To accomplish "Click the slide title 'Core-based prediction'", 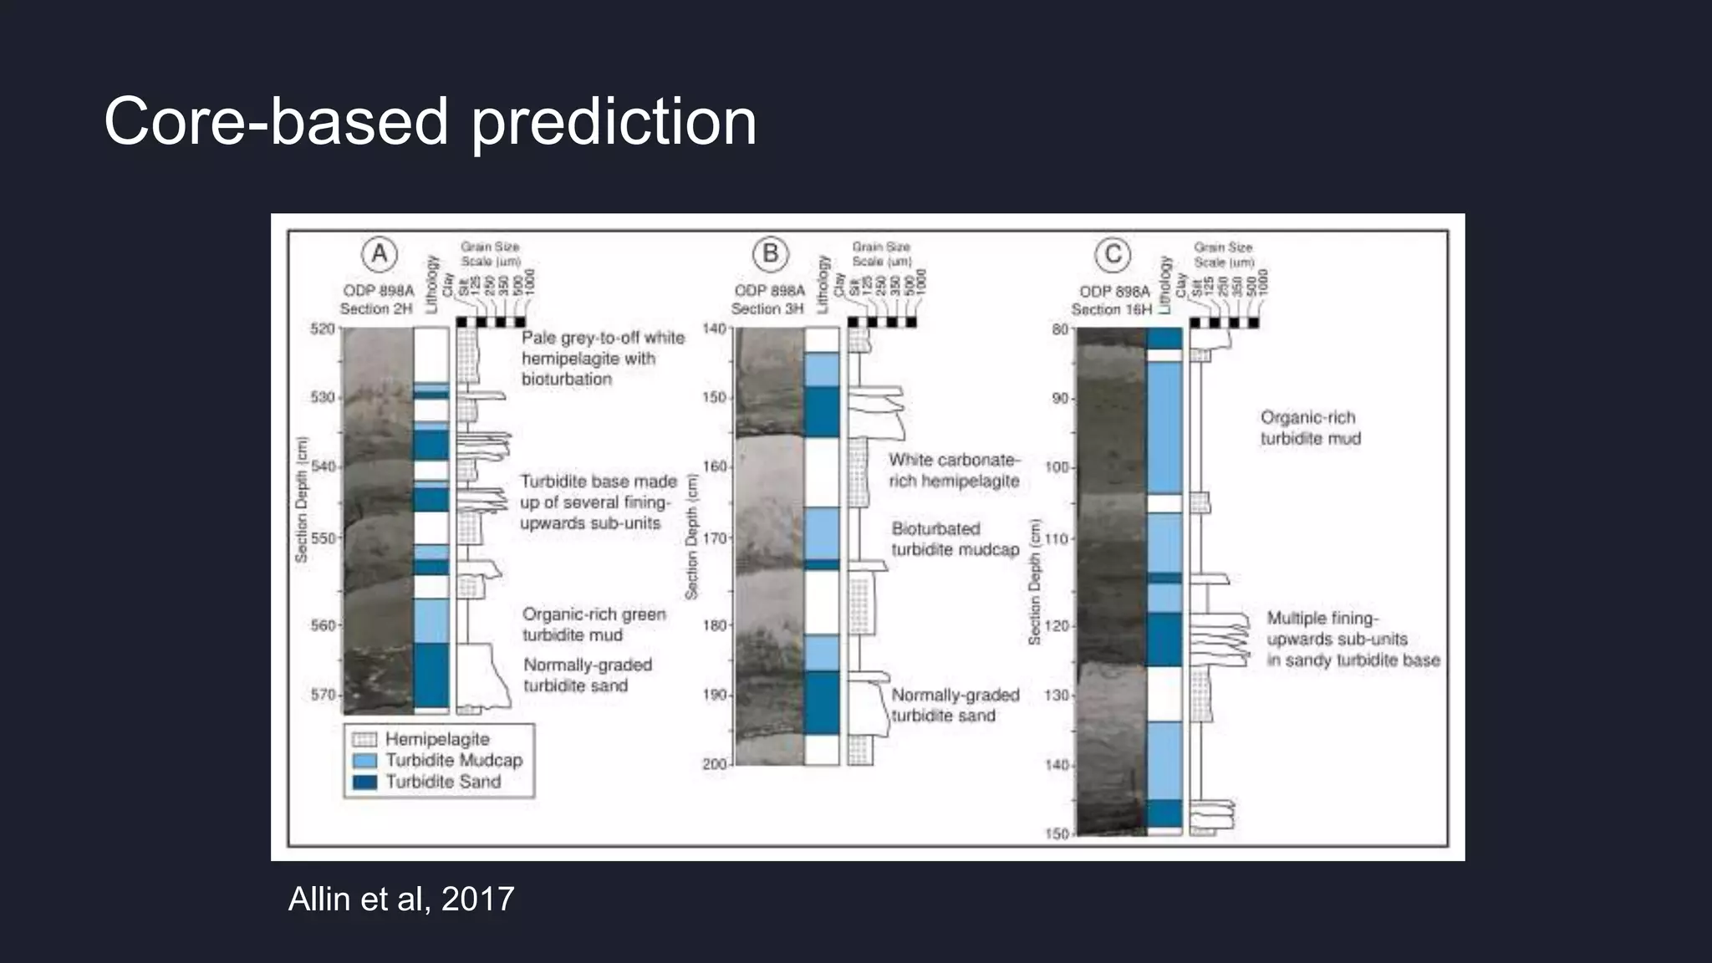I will (430, 122).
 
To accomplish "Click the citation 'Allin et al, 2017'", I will (401, 899).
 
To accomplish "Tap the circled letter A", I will (380, 253).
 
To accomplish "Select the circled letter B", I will (770, 253).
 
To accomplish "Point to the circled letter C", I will (1113, 254).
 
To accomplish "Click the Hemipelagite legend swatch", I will (364, 740).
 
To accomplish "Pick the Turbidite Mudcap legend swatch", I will (364, 761).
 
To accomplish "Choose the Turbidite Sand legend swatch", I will (364, 782).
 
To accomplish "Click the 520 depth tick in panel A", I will (323, 329).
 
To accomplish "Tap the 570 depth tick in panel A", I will (323, 695).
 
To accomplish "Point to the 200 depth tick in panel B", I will (715, 764).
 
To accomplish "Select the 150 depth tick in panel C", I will (1057, 833).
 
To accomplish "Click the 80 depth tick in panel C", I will (1060, 329).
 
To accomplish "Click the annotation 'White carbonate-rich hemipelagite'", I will (954, 471).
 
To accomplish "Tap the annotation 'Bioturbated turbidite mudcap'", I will (955, 539).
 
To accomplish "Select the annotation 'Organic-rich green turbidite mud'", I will (594, 624).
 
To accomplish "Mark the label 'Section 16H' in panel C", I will (1111, 309).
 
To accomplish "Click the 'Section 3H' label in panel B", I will (767, 308).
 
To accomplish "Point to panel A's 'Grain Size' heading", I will (490, 247).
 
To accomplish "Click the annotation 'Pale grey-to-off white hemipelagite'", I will (602, 358).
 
